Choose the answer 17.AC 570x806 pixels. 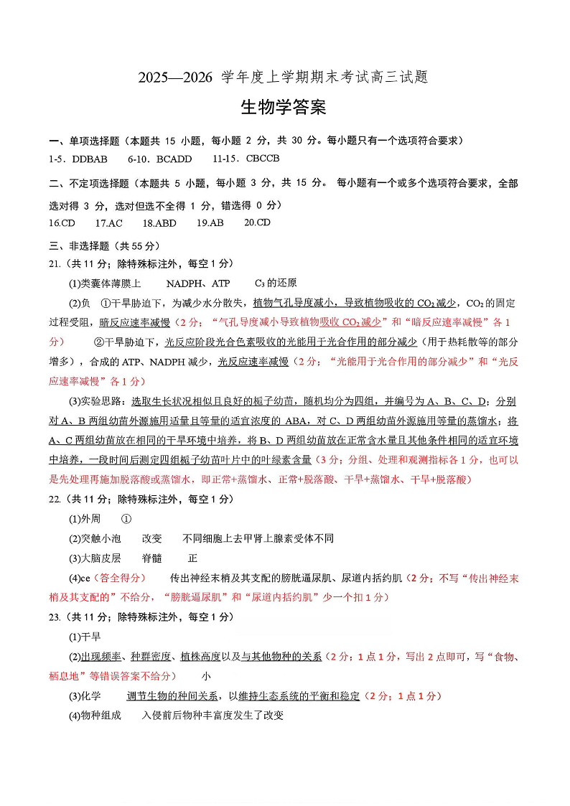pos(109,223)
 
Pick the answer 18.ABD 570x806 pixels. pos(159,223)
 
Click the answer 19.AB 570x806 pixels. pos(210,223)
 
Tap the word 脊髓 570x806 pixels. pos(152,558)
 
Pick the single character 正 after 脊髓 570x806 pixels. pos(192,558)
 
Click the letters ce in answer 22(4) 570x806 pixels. pos(85,578)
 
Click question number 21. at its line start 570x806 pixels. pos(54,263)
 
